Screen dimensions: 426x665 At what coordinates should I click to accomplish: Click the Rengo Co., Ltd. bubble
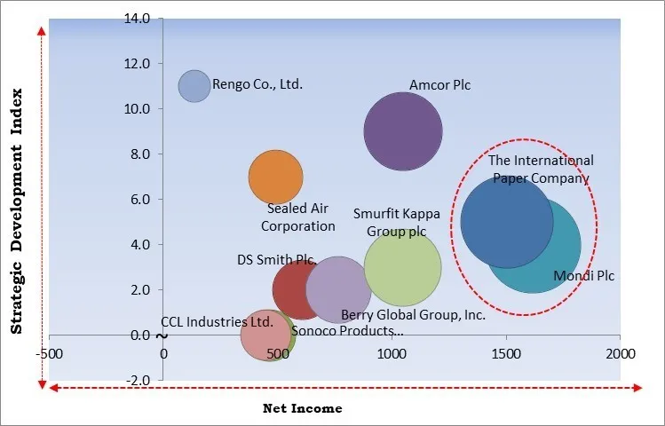[194, 86]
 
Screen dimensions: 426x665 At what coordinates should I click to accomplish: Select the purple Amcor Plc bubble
[403, 131]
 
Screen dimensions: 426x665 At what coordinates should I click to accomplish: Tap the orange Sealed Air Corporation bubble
[275, 177]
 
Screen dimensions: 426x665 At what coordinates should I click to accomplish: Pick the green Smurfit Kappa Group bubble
[402, 267]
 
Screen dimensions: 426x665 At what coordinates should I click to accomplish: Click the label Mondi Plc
[583, 276]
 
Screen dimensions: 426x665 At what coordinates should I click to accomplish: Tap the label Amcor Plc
[439, 85]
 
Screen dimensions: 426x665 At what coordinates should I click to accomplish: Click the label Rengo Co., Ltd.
[258, 85]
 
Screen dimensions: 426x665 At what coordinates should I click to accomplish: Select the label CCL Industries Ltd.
[217, 322]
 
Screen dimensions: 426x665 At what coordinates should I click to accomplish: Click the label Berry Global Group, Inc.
[413, 314]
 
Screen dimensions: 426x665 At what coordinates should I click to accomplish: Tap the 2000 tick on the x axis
[620, 353]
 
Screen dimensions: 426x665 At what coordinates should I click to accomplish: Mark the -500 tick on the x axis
[50, 353]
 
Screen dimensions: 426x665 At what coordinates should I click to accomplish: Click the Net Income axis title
[302, 409]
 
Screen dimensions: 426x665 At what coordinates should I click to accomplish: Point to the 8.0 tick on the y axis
[139, 154]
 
